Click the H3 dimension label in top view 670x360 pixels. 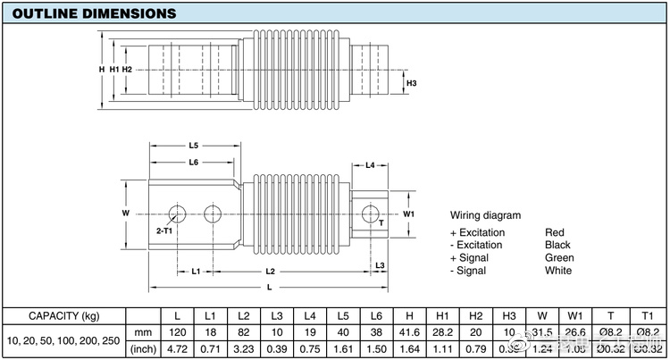[411, 85]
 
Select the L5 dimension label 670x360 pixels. [193, 145]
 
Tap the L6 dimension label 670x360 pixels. [193, 162]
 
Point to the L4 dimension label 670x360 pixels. [370, 166]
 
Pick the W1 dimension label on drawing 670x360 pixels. [409, 214]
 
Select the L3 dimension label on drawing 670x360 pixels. [379, 265]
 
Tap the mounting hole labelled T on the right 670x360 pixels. [368, 213]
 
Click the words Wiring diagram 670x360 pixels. [485, 216]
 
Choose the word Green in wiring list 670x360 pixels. [559, 258]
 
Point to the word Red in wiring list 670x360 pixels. [555, 232]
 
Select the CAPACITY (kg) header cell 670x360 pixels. [64, 316]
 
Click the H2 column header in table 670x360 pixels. [475, 316]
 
